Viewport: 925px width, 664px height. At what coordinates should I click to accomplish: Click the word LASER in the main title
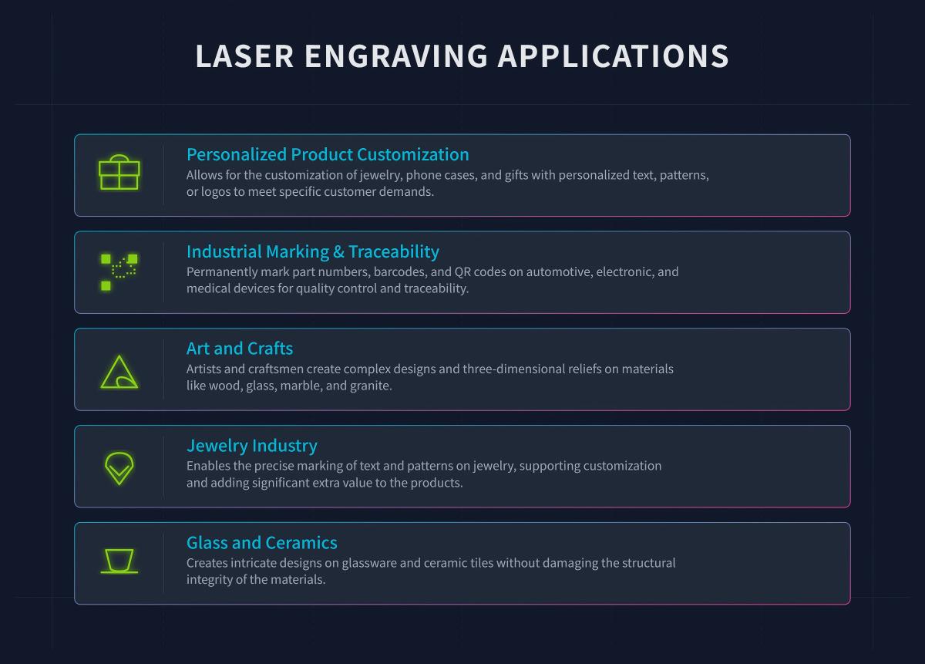[x=244, y=57]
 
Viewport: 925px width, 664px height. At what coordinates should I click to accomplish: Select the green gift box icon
[x=119, y=173]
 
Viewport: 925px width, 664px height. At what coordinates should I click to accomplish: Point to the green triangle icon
[x=119, y=372]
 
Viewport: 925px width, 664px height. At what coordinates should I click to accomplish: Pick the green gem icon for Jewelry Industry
[x=119, y=467]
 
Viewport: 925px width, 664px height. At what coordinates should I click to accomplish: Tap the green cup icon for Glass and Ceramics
[x=119, y=561]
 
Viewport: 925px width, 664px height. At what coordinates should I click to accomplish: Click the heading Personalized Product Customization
[x=328, y=154]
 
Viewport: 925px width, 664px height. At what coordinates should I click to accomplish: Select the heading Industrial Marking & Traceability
[x=313, y=251]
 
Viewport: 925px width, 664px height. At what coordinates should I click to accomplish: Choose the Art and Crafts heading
[x=240, y=349]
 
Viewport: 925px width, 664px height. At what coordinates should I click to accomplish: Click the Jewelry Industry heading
[x=252, y=446]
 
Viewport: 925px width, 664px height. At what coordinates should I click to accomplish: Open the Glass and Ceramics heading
[x=262, y=543]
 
